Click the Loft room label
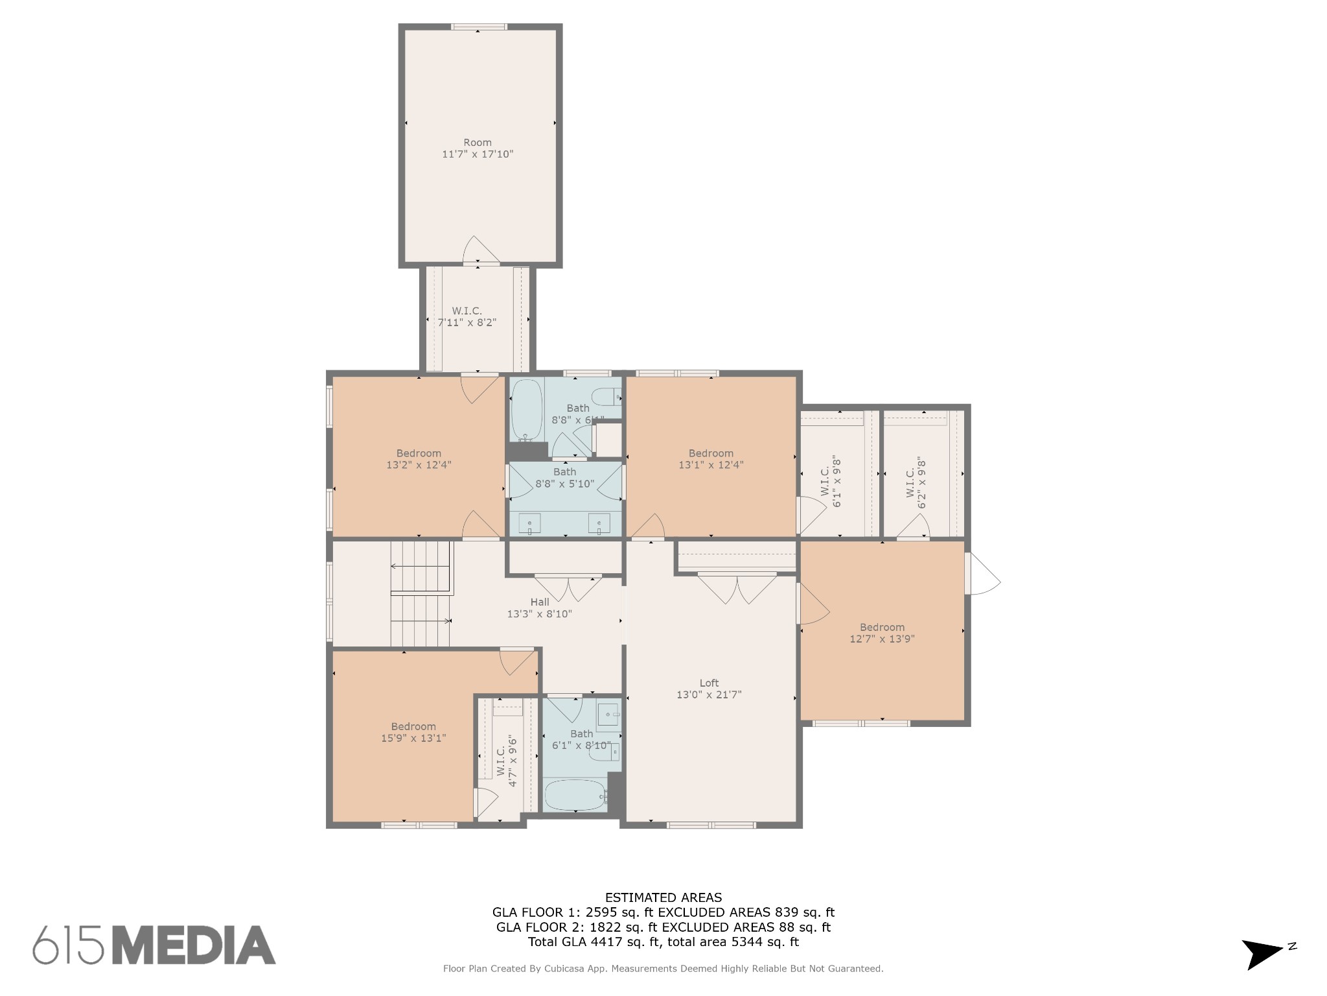(x=709, y=689)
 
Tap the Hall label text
(x=540, y=602)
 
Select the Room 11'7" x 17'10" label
(x=478, y=148)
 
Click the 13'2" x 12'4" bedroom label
(x=419, y=459)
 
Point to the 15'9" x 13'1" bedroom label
(x=413, y=732)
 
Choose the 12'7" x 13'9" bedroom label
(x=883, y=633)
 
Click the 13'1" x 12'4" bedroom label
(x=711, y=459)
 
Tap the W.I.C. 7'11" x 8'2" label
(x=467, y=316)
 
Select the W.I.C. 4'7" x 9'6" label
(x=507, y=761)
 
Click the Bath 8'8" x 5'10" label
(x=565, y=478)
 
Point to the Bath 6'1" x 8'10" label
(x=581, y=740)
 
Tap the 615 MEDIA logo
(x=154, y=945)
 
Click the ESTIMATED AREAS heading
(x=663, y=897)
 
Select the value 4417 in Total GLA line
(x=603, y=942)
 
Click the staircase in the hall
(x=421, y=594)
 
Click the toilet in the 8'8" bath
(x=606, y=396)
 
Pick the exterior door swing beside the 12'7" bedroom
(x=982, y=573)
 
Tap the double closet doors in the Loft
(x=737, y=587)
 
